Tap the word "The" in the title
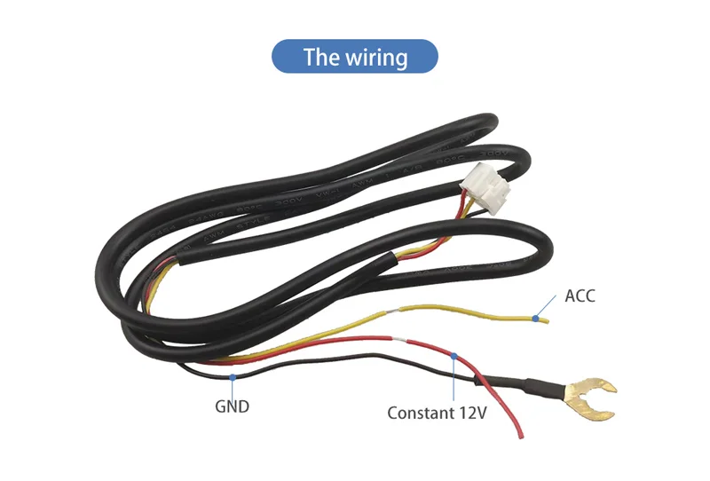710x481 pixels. (x=320, y=58)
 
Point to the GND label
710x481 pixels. (x=233, y=407)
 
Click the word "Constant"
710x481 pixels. (x=419, y=413)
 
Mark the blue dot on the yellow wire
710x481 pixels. (x=536, y=316)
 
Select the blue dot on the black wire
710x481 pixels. (x=233, y=376)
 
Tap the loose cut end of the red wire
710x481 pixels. (x=518, y=436)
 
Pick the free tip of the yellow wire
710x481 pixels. (x=548, y=320)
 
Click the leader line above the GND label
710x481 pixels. (x=233, y=388)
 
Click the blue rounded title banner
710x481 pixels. (x=354, y=58)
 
